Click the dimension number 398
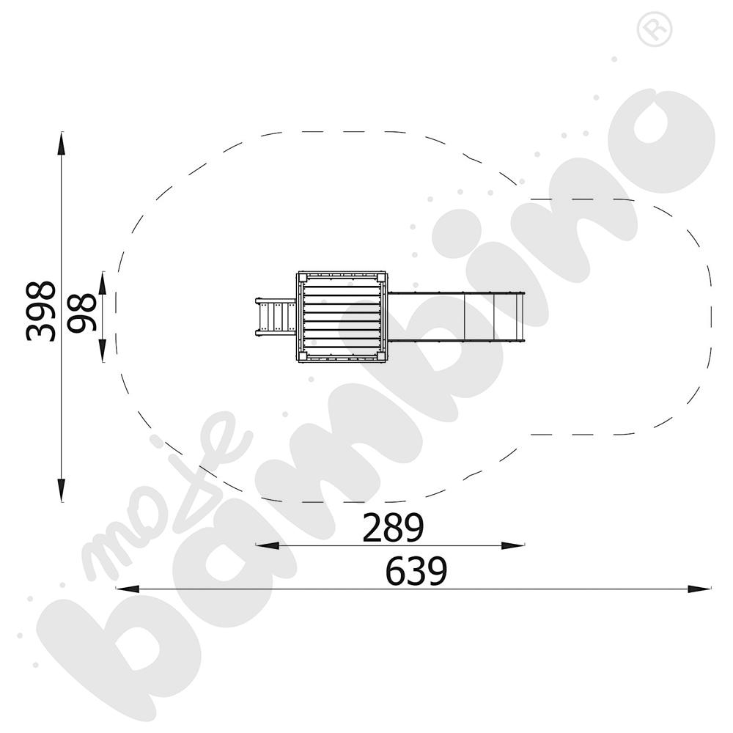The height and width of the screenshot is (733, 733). (x=40, y=312)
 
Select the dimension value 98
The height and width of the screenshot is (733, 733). (x=81, y=313)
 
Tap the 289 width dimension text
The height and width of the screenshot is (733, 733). (x=393, y=527)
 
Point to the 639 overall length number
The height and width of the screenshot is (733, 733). (x=416, y=571)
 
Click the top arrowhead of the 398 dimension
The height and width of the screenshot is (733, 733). (x=62, y=143)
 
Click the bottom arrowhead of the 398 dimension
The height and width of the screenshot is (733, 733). (x=62, y=490)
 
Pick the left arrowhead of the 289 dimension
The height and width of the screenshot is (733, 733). (x=268, y=545)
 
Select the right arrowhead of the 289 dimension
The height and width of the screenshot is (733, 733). (x=513, y=545)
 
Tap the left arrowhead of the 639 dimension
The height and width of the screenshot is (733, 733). (x=128, y=589)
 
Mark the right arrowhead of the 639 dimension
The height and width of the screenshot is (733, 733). (x=699, y=589)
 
